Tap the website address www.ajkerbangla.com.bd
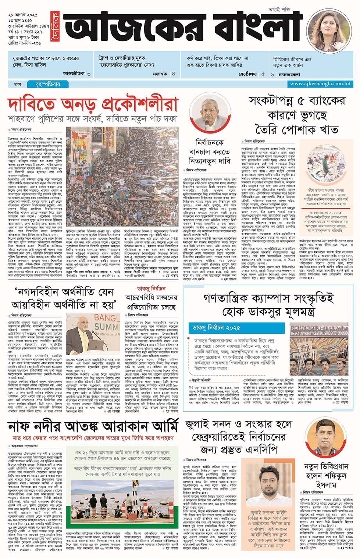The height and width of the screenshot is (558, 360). coord(320,84)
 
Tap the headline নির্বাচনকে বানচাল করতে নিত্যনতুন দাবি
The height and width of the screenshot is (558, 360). coord(210,152)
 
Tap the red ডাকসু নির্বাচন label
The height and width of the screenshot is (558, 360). coord(151,289)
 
